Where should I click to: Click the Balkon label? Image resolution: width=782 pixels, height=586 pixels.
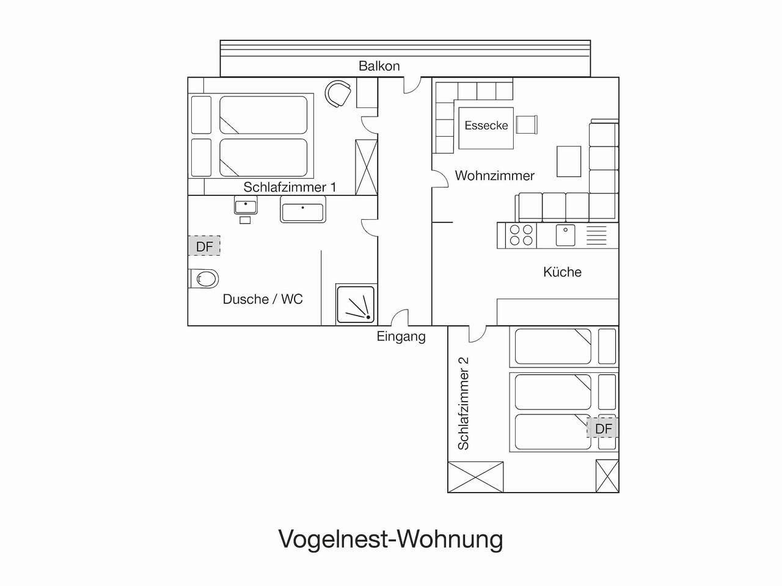tap(379, 66)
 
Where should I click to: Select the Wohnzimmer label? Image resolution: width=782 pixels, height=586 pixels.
tap(494, 176)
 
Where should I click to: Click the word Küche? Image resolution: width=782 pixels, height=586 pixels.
tap(562, 272)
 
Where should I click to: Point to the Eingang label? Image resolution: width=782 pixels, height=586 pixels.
tap(401, 336)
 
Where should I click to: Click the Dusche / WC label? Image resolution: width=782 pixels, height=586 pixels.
tap(263, 299)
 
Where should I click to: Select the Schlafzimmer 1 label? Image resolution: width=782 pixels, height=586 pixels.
tap(290, 187)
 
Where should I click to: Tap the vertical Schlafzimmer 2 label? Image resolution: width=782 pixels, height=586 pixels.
tap(464, 403)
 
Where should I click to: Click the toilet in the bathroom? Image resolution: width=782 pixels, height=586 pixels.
tap(205, 279)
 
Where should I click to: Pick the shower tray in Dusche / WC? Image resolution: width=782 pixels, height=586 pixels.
tap(357, 304)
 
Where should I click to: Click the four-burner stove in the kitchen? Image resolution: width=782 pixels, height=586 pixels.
tap(521, 235)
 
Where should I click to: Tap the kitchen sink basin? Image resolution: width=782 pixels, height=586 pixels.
tap(565, 235)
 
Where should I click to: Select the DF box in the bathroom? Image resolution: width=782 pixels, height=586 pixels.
tap(204, 247)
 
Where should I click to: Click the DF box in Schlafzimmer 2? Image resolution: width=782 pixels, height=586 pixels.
tap(603, 429)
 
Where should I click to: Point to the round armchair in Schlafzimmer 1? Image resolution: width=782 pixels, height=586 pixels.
tap(338, 93)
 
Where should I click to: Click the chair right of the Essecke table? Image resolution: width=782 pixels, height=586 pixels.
tap(527, 125)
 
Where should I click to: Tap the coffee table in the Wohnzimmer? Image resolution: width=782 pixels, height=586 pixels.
tap(569, 161)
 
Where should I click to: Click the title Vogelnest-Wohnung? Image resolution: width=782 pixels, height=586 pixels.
tap(391, 539)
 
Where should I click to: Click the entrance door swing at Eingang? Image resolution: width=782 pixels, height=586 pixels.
tap(400, 319)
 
